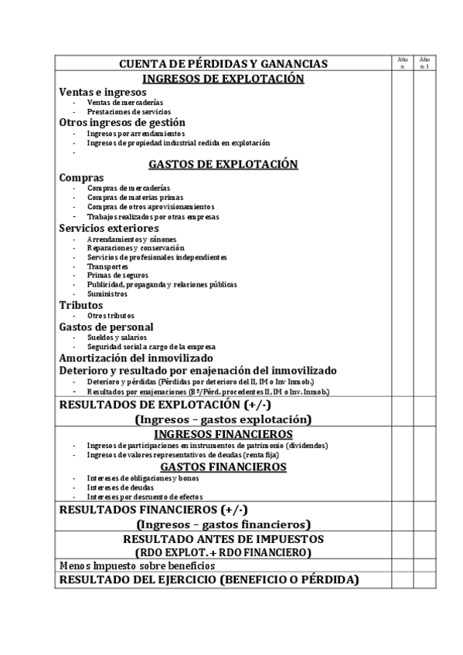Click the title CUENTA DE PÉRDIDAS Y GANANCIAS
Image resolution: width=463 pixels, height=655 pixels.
(x=223, y=63)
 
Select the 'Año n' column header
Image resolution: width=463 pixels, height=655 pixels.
(x=402, y=63)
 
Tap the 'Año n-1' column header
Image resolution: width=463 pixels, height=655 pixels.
(x=424, y=63)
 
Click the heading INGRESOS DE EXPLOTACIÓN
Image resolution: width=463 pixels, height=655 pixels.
(x=223, y=79)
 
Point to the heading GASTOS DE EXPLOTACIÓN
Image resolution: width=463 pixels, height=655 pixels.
(x=223, y=164)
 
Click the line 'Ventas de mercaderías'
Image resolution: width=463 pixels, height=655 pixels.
(x=124, y=102)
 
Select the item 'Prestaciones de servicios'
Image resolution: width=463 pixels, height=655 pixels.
(x=124, y=112)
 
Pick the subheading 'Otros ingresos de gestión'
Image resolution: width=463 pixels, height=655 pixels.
(x=122, y=122)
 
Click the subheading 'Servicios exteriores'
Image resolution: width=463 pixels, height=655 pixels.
(x=109, y=228)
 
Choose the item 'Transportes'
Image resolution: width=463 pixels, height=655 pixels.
(x=107, y=266)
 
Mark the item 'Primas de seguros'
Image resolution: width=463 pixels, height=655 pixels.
(x=117, y=275)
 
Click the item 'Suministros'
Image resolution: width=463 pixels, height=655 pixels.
(x=107, y=294)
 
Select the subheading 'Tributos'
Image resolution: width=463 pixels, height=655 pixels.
(x=81, y=305)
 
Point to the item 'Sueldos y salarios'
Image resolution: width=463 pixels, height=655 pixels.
(x=117, y=338)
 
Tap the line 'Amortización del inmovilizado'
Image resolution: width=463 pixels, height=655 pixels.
(x=136, y=358)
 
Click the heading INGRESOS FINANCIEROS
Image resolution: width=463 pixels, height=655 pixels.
(x=223, y=434)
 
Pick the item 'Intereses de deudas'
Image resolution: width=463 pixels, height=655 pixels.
(x=121, y=487)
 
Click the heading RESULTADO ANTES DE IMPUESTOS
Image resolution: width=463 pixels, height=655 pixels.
(x=223, y=539)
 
